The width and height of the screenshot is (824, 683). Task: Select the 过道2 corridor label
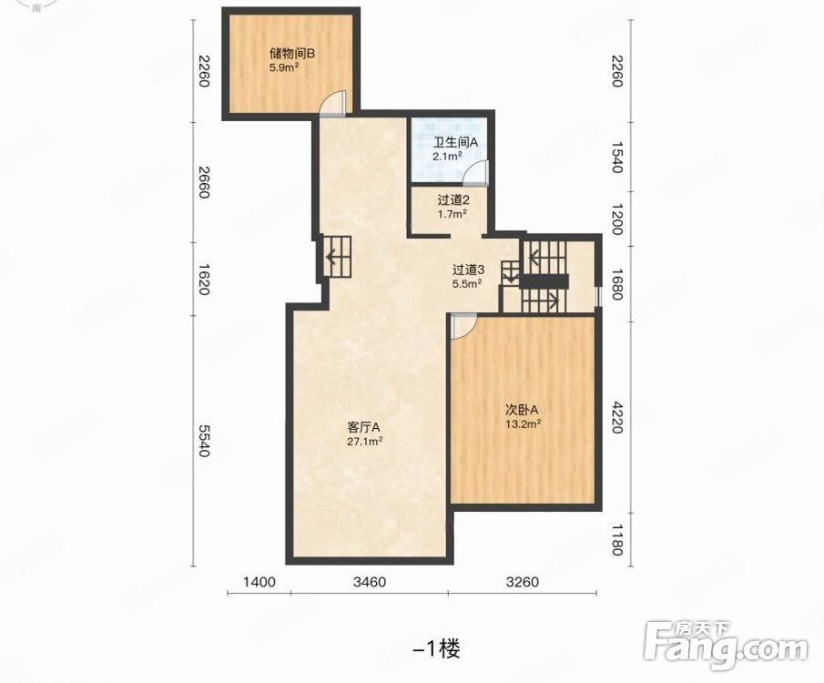tap(453, 199)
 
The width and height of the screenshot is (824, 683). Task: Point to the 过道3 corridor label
tap(468, 270)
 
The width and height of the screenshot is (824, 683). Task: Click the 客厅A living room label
tap(363, 426)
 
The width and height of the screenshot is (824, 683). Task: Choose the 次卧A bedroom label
tap(522, 410)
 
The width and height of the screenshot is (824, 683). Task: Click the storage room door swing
tap(333, 103)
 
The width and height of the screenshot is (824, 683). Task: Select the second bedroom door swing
tap(464, 326)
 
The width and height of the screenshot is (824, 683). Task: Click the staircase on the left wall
tap(336, 256)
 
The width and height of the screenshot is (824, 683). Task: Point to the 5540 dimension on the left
tap(203, 440)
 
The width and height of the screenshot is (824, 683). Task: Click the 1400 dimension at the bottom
tap(259, 582)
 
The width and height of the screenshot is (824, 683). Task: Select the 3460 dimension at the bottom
tap(370, 582)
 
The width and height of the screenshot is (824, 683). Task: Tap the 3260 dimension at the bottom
tap(523, 582)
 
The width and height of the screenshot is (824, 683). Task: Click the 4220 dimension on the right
tap(617, 417)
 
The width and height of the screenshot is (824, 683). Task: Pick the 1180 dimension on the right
tap(617, 540)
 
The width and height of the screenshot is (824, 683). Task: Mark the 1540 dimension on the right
tap(617, 157)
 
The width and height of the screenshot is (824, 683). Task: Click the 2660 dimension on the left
tap(203, 182)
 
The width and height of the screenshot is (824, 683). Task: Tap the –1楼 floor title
tap(437, 649)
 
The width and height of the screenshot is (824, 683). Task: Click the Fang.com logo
tap(726, 647)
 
